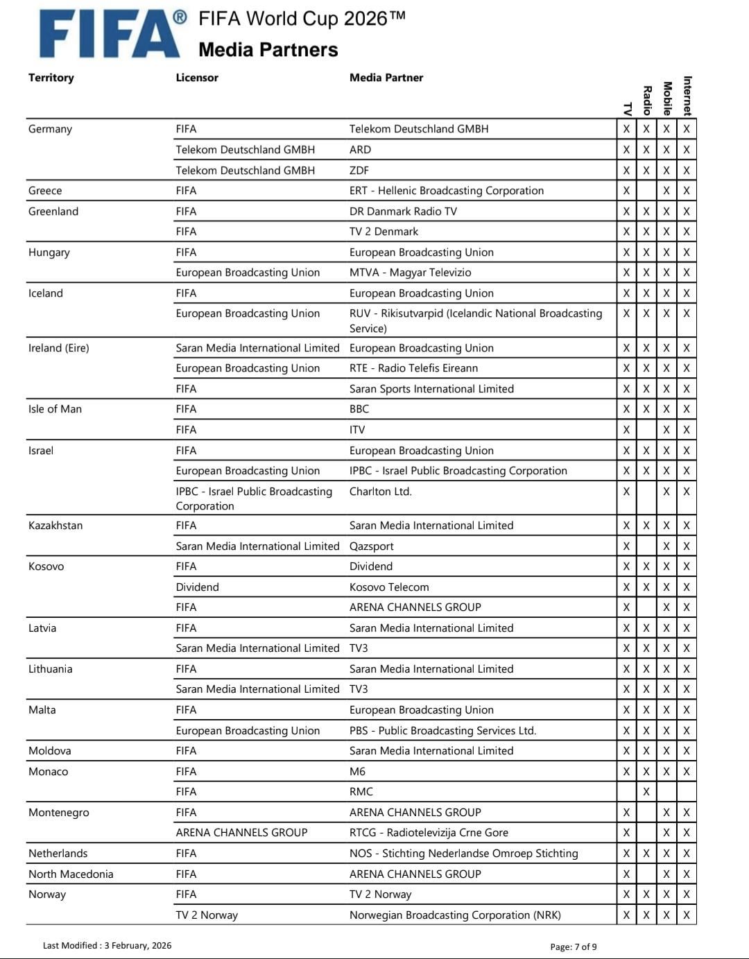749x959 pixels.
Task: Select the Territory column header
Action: coord(51,78)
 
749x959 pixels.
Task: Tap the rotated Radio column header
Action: coord(646,100)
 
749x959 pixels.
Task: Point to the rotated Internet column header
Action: coord(687,95)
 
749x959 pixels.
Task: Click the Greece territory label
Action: coord(45,191)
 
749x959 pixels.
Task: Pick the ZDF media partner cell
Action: coord(359,171)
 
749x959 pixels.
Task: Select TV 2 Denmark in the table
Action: coord(384,232)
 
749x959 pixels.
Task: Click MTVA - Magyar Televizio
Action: coord(410,273)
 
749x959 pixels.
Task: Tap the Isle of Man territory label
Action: coord(55,409)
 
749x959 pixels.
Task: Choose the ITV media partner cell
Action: coord(357,430)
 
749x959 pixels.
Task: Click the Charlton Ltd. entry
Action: coord(381,492)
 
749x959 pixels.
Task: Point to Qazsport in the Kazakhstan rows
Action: coord(371,546)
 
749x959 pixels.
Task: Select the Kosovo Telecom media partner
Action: coord(389,587)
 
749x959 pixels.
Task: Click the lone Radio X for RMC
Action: coord(646,792)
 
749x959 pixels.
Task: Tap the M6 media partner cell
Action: coord(357,772)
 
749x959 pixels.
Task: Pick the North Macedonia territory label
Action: coord(71,874)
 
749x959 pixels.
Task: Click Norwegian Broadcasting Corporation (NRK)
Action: coord(455,915)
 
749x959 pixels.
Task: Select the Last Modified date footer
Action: coord(107,946)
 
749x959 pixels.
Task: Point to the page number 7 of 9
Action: coord(574,947)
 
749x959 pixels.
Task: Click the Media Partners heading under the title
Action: coord(268,50)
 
